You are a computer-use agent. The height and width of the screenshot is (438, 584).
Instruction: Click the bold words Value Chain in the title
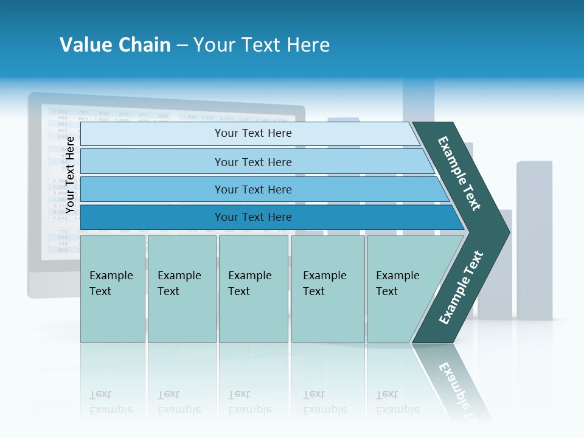[115, 45]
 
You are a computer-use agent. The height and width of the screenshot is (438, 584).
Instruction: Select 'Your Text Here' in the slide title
[262, 45]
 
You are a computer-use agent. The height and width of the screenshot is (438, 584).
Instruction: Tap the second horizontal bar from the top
[252, 162]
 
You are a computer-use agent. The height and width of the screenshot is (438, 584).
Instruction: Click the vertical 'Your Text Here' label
[70, 175]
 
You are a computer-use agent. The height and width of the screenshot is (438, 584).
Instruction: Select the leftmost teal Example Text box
[113, 289]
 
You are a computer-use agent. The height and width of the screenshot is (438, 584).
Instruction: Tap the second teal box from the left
[181, 289]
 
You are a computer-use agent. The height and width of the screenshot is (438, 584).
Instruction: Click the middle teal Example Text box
[253, 289]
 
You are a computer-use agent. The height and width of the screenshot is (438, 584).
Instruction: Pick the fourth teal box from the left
[328, 289]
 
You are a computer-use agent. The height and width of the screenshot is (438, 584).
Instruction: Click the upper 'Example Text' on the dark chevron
[459, 173]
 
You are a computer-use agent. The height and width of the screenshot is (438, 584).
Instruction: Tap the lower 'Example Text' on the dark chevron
[461, 288]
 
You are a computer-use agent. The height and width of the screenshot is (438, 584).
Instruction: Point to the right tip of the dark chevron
[507, 231]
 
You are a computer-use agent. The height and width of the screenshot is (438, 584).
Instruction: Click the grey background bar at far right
[535, 237]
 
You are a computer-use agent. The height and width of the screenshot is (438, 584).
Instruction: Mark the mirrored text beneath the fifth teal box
[397, 402]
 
